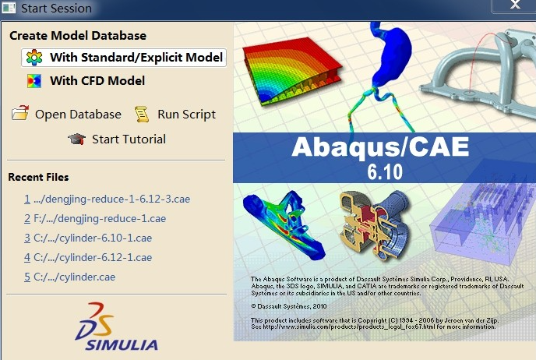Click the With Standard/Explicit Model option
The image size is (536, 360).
coord(124,57)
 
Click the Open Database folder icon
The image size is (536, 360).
coord(20,113)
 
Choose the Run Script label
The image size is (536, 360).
coord(187,115)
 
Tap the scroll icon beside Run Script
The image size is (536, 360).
coord(142,114)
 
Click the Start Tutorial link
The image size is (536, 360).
coord(129,139)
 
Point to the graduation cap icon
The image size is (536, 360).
coord(76,139)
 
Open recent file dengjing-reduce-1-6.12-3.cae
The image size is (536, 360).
coord(107,199)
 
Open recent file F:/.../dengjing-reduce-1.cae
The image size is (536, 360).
coord(95,218)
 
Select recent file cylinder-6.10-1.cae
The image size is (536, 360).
coord(88,238)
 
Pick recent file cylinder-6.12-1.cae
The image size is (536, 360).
coord(88,257)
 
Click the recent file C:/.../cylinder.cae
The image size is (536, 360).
coord(70,277)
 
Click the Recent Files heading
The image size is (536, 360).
coord(38,177)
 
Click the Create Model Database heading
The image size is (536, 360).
coord(78,36)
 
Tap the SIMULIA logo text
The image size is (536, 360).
coord(122,345)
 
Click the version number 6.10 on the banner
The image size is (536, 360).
coord(385,172)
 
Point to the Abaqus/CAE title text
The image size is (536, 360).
coord(380,147)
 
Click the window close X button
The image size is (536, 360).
coord(515,5)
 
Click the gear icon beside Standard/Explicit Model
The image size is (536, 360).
coord(34,57)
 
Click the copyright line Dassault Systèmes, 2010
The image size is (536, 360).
coord(289,306)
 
